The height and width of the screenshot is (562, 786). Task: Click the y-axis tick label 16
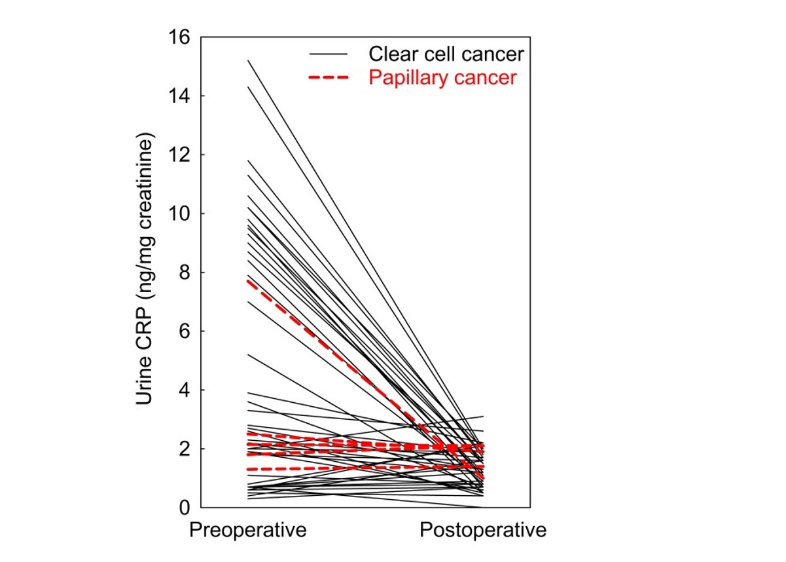(x=179, y=37)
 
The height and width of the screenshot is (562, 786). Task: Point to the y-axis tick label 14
(x=179, y=96)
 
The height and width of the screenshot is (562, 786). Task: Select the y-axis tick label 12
(x=179, y=155)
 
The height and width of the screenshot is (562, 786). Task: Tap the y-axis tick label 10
(x=179, y=214)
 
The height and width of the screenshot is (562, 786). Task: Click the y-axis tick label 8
(x=185, y=272)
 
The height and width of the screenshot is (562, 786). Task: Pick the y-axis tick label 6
(x=185, y=331)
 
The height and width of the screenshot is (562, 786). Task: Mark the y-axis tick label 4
(x=185, y=390)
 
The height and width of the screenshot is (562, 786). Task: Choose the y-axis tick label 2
(x=185, y=449)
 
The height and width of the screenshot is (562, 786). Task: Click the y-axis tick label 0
(x=185, y=508)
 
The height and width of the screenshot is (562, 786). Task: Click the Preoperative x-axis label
(x=247, y=530)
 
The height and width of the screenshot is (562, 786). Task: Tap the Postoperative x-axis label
(x=483, y=530)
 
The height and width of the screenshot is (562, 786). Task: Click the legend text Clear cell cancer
(x=446, y=54)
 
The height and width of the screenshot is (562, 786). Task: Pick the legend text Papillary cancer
(x=442, y=78)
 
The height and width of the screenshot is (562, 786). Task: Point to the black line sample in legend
(x=329, y=54)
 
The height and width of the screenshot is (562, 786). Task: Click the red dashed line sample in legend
(x=329, y=78)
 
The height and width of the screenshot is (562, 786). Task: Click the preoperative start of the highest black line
(x=248, y=60)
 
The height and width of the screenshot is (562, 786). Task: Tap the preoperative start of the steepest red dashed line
(x=248, y=280)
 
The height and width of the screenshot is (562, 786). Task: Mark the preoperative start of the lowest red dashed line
(x=248, y=469)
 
